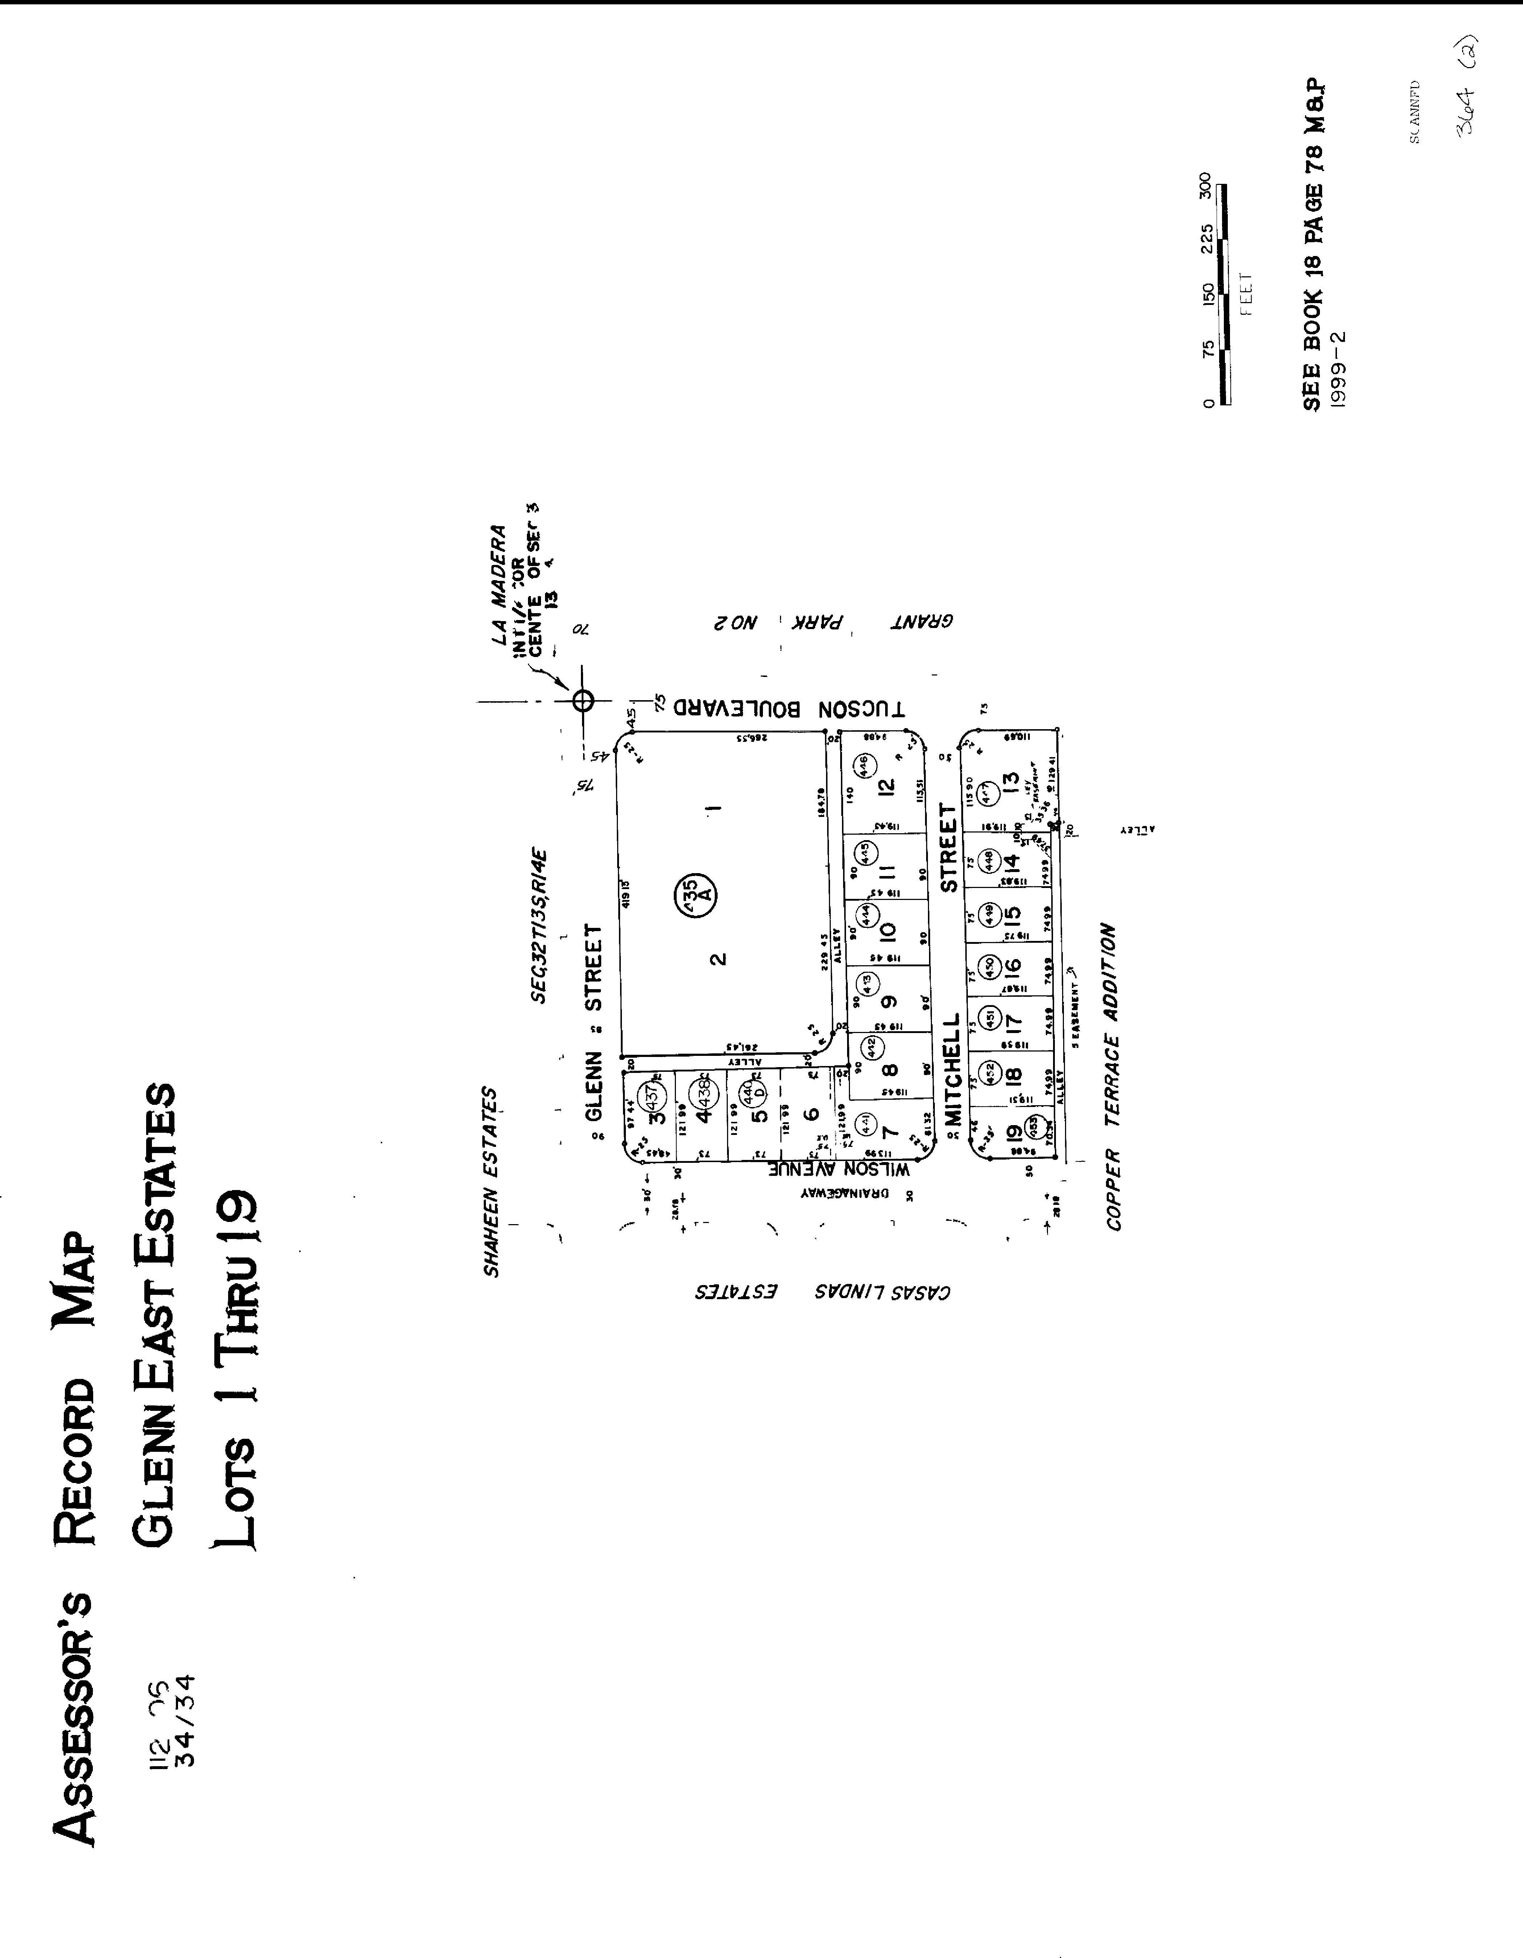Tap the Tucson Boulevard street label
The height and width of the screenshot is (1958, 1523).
(x=789, y=708)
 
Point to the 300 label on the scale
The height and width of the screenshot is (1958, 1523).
(x=1206, y=185)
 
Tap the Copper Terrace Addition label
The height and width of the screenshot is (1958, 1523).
(x=1113, y=1076)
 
